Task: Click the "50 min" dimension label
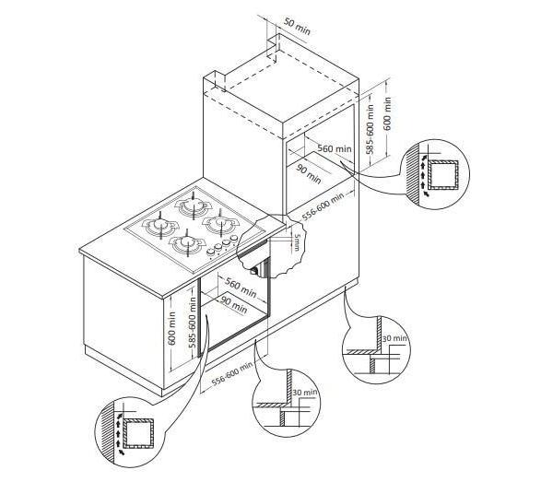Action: pyautogui.click(x=297, y=27)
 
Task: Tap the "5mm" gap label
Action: pyautogui.click(x=299, y=241)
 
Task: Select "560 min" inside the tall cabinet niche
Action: pyautogui.click(x=335, y=148)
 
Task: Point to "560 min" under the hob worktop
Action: pyautogui.click(x=241, y=288)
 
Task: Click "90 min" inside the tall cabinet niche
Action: pyautogui.click(x=309, y=174)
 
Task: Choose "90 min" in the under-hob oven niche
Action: pyautogui.click(x=234, y=304)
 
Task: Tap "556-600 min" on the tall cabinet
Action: pyautogui.click(x=323, y=206)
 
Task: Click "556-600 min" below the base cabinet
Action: pyautogui.click(x=232, y=373)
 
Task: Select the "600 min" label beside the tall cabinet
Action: pyautogui.click(x=388, y=113)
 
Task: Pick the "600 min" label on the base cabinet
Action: pyautogui.click(x=171, y=329)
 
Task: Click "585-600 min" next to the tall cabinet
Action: pyautogui.click(x=370, y=129)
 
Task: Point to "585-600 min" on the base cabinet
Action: pyautogui.click(x=193, y=323)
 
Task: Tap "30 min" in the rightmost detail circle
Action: pyautogui.click(x=395, y=338)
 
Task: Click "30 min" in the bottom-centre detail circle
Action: pyautogui.click(x=305, y=392)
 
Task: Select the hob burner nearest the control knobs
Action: pyautogui.click(x=187, y=243)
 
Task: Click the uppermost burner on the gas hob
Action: pyautogui.click(x=193, y=206)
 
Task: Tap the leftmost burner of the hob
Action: pyautogui.click(x=160, y=226)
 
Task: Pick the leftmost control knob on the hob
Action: pyautogui.click(x=210, y=253)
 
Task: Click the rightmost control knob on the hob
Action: pyautogui.click(x=233, y=240)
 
